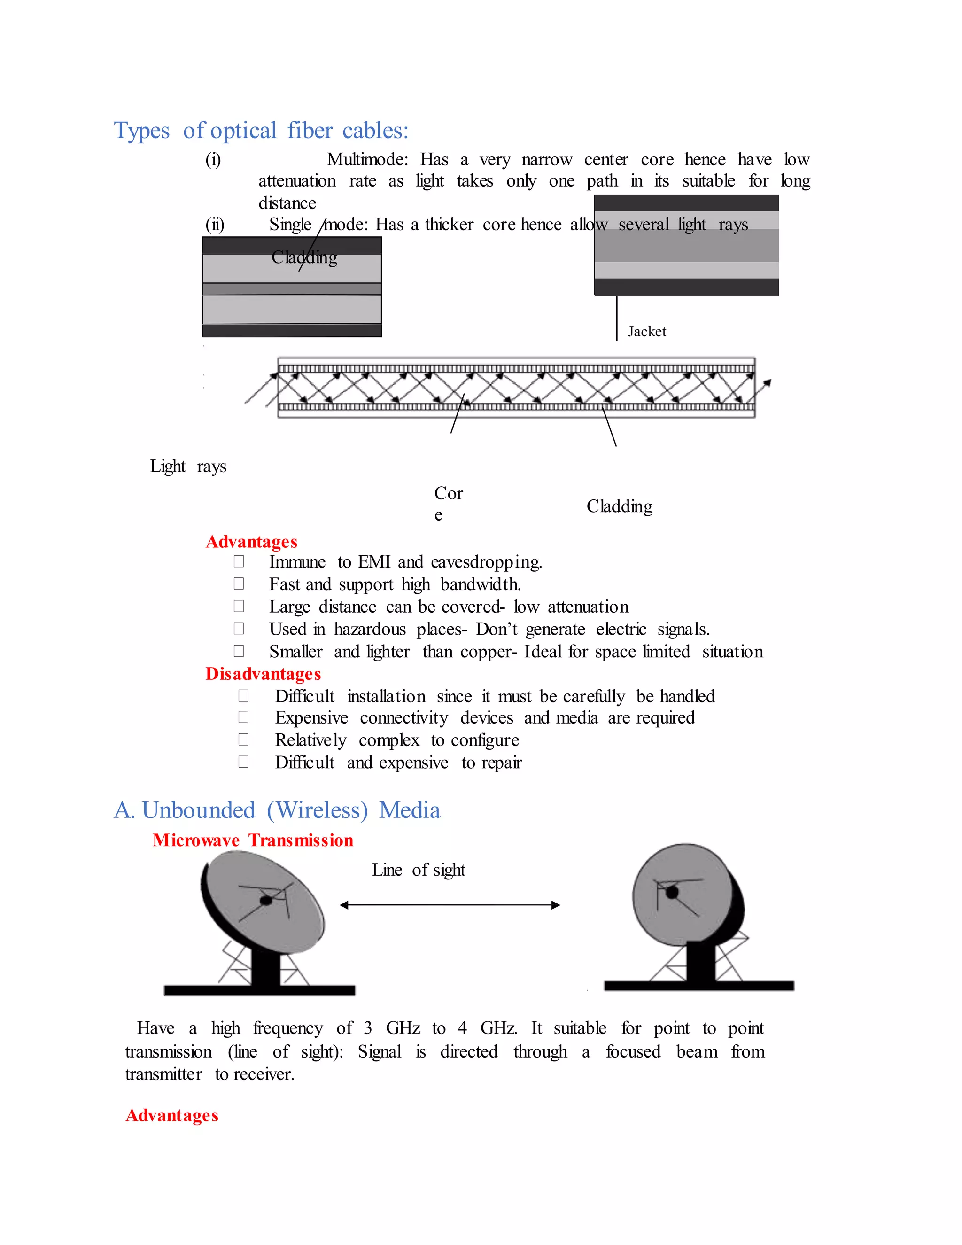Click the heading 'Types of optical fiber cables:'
pyautogui.click(x=261, y=131)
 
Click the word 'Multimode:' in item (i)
pyautogui.click(x=367, y=159)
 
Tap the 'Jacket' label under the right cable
pyautogui.click(x=646, y=332)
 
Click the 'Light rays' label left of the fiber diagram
pyautogui.click(x=188, y=467)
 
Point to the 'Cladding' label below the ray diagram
pyautogui.click(x=619, y=506)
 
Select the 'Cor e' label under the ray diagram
pyautogui.click(x=448, y=503)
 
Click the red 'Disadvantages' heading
pyautogui.click(x=264, y=674)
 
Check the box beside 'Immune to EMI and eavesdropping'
pyautogui.click(x=239, y=561)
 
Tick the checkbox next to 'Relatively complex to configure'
pyautogui.click(x=243, y=739)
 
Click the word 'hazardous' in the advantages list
pyautogui.click(x=369, y=630)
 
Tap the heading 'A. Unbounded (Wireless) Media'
pyautogui.click(x=277, y=810)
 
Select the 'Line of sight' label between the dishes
pyautogui.click(x=419, y=870)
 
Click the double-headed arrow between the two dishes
pyautogui.click(x=450, y=905)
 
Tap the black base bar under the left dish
pyautogui.click(x=259, y=990)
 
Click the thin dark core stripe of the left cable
pyautogui.click(x=292, y=289)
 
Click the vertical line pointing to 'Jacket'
pyautogui.click(x=616, y=318)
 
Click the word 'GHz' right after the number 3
pyautogui.click(x=403, y=1028)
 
